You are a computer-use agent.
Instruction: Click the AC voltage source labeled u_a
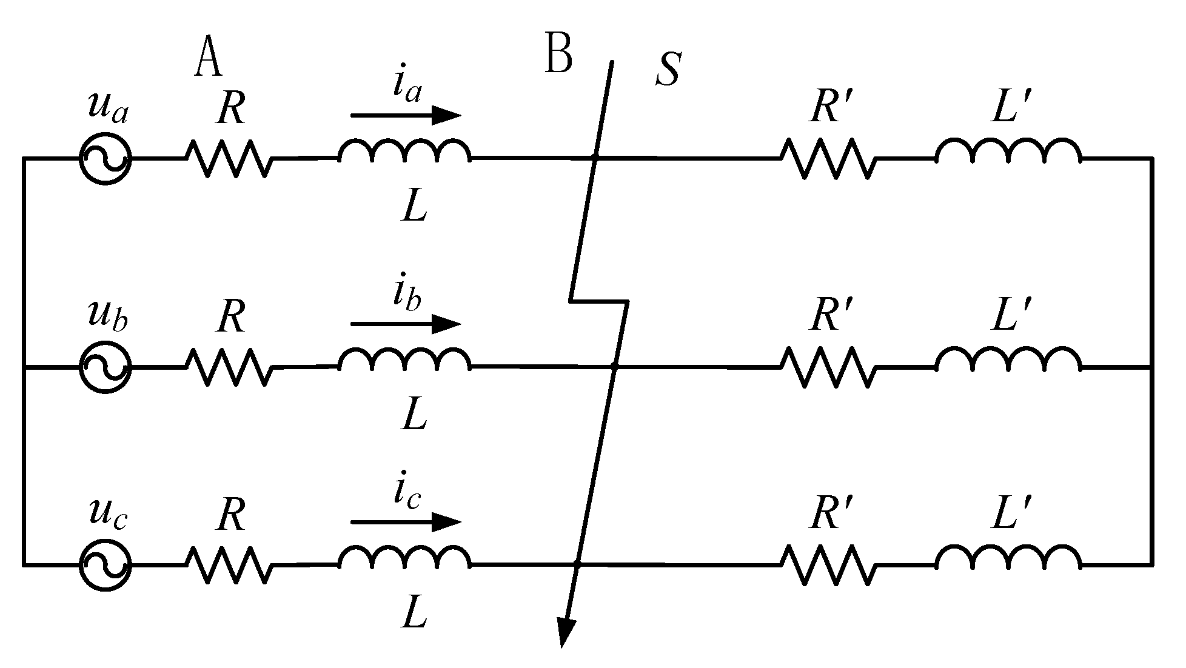(x=105, y=158)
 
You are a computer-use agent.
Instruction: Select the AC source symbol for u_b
(x=105, y=367)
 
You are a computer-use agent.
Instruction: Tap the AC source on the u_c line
(x=105, y=564)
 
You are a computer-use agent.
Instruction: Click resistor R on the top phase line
(x=229, y=158)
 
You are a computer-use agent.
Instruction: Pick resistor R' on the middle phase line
(x=828, y=367)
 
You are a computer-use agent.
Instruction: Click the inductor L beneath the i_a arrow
(x=404, y=152)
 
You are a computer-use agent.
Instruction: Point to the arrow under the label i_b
(x=405, y=324)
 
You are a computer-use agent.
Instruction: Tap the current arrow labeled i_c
(x=405, y=521)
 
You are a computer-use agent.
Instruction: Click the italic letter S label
(x=668, y=70)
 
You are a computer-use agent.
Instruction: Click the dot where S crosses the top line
(x=595, y=158)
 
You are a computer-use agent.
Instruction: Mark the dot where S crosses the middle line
(x=614, y=367)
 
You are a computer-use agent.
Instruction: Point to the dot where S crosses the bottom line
(x=577, y=565)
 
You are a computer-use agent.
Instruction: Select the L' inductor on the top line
(x=1008, y=152)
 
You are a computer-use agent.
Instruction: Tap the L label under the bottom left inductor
(x=415, y=613)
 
